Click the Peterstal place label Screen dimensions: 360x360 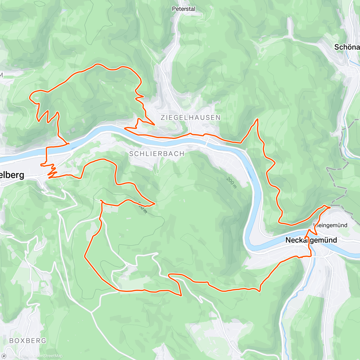pyautogui.click(x=184, y=9)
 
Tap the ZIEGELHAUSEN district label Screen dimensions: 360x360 pyautogui.click(x=190, y=118)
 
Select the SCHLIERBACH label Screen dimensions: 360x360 pyautogui.click(x=157, y=154)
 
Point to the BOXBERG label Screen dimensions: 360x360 pyautogui.click(x=28, y=340)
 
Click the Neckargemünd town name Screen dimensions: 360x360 pyautogui.click(x=311, y=240)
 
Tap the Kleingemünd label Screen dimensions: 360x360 pyautogui.click(x=331, y=225)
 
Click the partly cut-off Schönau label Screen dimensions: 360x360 pyautogui.click(x=347, y=47)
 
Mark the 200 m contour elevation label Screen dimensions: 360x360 pyautogui.click(x=232, y=183)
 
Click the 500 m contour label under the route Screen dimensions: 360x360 pyautogui.click(x=143, y=208)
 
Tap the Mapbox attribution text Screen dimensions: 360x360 pyautogui.click(x=20, y=356)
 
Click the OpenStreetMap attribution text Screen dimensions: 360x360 pyautogui.click(x=48, y=356)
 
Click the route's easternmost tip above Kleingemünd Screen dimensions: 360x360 pyautogui.click(x=330, y=207)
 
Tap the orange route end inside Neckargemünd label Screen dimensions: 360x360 pyautogui.click(x=305, y=238)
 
